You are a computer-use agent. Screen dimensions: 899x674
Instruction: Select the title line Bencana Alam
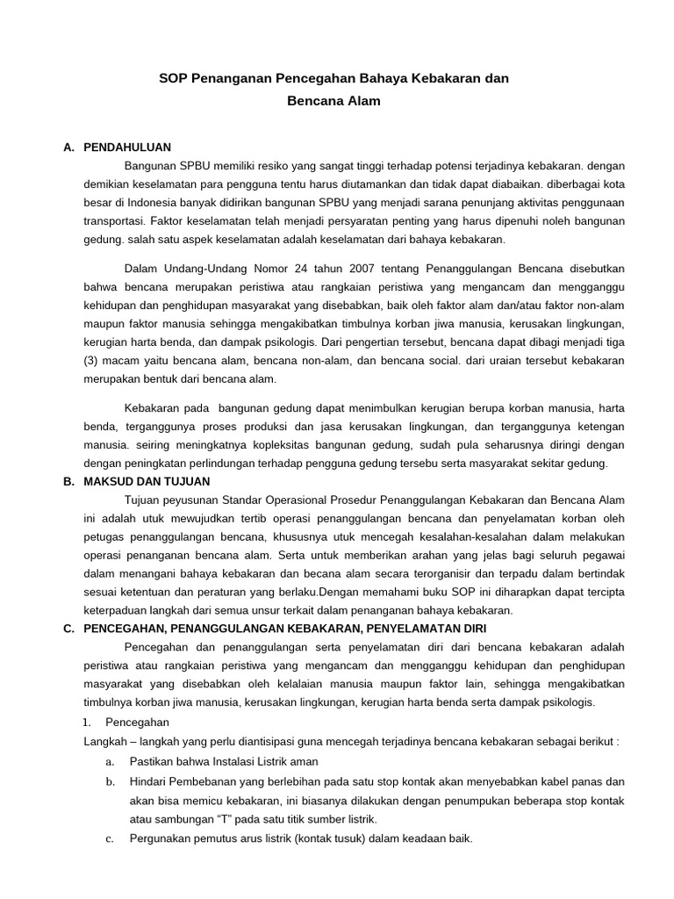click(x=333, y=101)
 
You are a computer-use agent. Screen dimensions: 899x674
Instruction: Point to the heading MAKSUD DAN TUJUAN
click(x=147, y=482)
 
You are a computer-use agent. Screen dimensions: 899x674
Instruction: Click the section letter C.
click(x=68, y=629)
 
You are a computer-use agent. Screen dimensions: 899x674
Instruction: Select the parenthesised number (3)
click(x=92, y=362)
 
